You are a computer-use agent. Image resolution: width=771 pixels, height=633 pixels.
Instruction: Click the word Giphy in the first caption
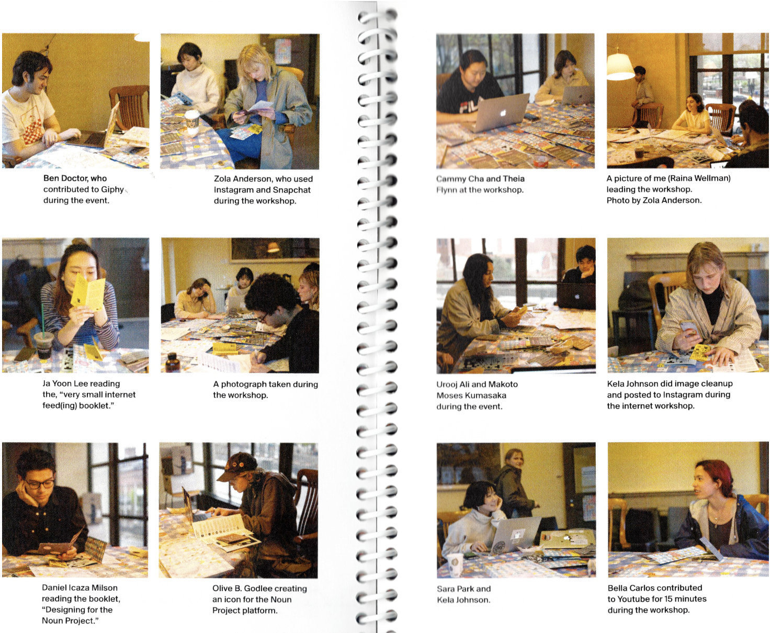point(112,189)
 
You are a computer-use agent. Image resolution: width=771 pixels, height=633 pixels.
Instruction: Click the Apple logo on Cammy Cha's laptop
point(503,112)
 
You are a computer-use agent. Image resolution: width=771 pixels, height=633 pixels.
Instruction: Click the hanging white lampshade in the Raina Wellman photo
point(620,66)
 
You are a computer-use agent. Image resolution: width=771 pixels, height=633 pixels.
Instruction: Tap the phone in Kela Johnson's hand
point(688,327)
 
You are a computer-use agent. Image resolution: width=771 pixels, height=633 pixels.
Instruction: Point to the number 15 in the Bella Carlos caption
point(668,598)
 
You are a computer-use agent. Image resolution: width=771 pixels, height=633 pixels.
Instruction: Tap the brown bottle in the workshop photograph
point(172,363)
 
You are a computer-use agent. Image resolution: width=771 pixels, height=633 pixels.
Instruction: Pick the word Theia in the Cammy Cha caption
point(514,179)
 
